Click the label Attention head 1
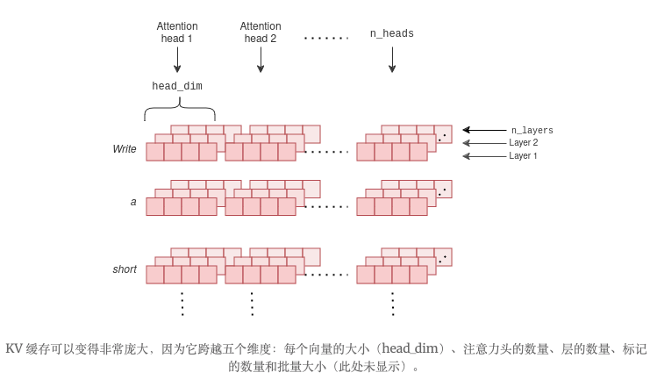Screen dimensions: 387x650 click(177, 32)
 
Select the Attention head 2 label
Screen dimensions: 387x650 click(261, 32)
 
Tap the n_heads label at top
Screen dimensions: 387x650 click(391, 33)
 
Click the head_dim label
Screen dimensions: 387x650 click(177, 86)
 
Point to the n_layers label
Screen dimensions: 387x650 click(532, 130)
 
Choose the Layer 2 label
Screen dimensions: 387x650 click(523, 142)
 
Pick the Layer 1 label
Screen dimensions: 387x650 click(523, 155)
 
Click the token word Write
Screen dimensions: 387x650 click(125, 149)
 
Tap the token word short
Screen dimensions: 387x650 click(125, 269)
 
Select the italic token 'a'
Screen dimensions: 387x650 click(133, 202)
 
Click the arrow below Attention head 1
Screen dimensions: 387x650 click(177, 60)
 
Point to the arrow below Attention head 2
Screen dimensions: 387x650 click(261, 60)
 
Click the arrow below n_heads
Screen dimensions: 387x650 click(391, 60)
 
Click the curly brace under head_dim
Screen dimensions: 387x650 click(179, 111)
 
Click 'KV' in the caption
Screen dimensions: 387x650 click(14, 348)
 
